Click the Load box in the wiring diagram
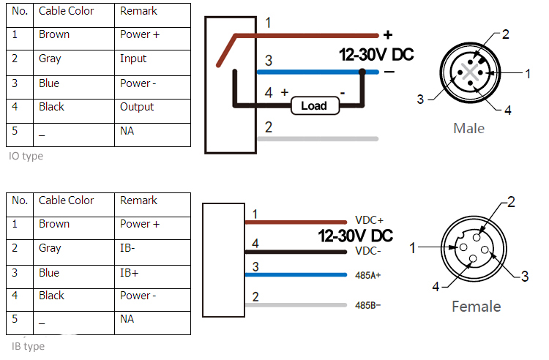coord(313,106)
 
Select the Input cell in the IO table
coord(133,59)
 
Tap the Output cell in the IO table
coord(137,107)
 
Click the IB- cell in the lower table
coord(128,248)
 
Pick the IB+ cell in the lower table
coord(129,272)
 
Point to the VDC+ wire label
coord(369,220)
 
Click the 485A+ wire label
coord(369,275)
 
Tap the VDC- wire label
coord(368,251)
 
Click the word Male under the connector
coord(468,129)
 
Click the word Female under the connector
coord(476,307)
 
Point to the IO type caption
coord(26,156)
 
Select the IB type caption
coord(26,346)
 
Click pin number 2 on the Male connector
coord(505,34)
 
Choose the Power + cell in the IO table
coord(140,34)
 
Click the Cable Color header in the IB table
coord(66,200)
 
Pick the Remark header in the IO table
coord(138,11)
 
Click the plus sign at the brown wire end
coord(388,34)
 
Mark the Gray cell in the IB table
coord(50,248)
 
